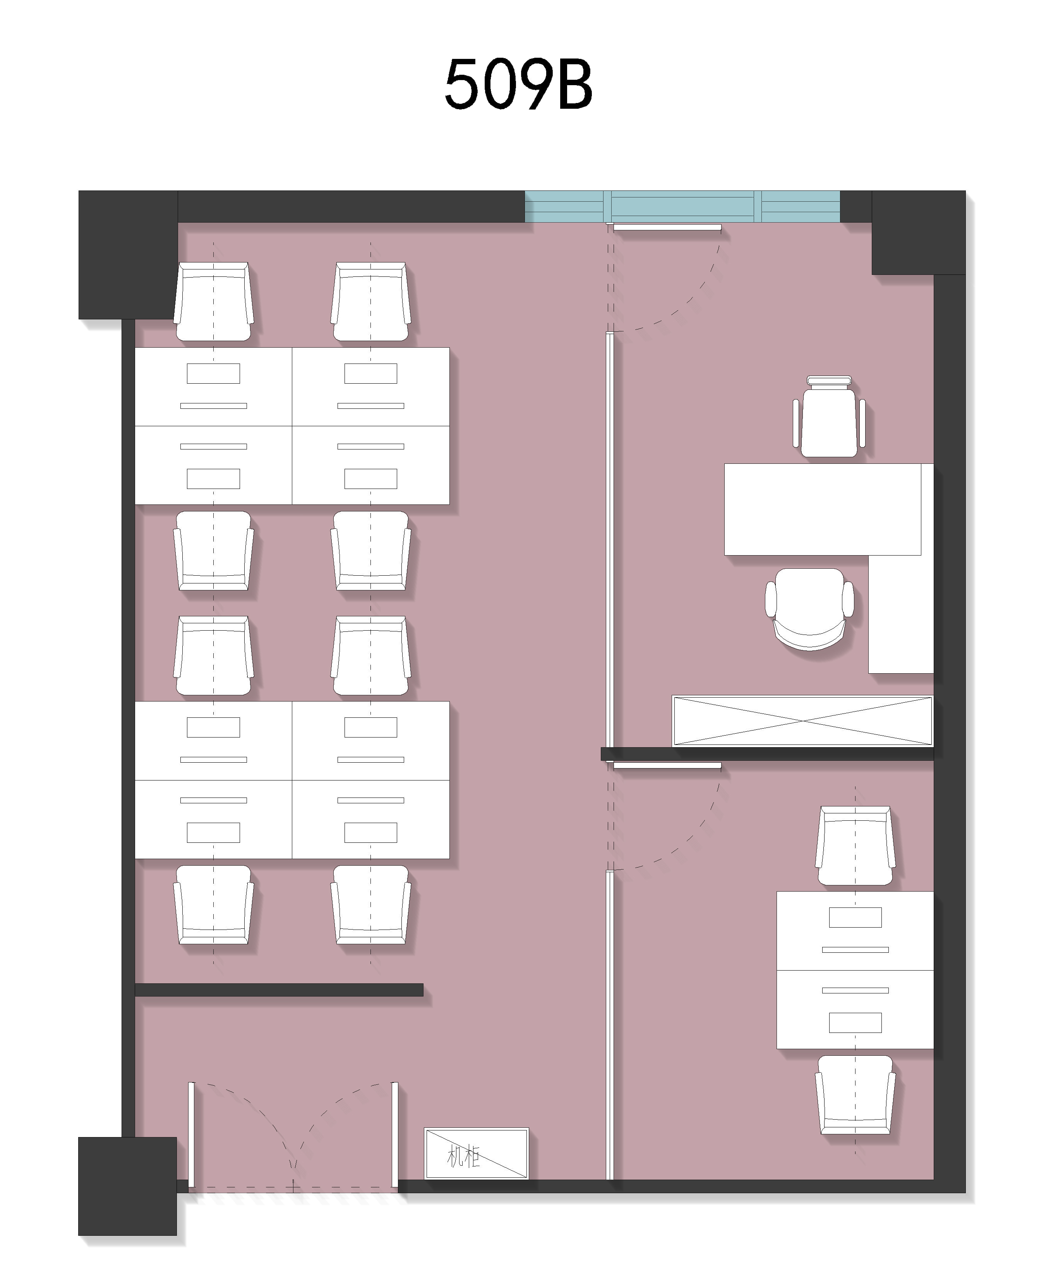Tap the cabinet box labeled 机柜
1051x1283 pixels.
click(477, 1153)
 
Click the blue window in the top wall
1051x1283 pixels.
click(682, 206)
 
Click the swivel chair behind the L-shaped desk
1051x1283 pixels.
click(810, 609)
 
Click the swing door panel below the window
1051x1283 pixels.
click(667, 228)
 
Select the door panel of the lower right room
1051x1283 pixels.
click(667, 766)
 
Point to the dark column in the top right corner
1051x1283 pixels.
click(918, 233)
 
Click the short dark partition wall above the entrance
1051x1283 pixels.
click(278, 989)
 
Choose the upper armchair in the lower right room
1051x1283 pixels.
click(855, 845)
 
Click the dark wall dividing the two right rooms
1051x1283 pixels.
click(767, 754)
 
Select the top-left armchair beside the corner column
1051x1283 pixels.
click(213, 302)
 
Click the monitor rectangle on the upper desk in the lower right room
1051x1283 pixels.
click(855, 917)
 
